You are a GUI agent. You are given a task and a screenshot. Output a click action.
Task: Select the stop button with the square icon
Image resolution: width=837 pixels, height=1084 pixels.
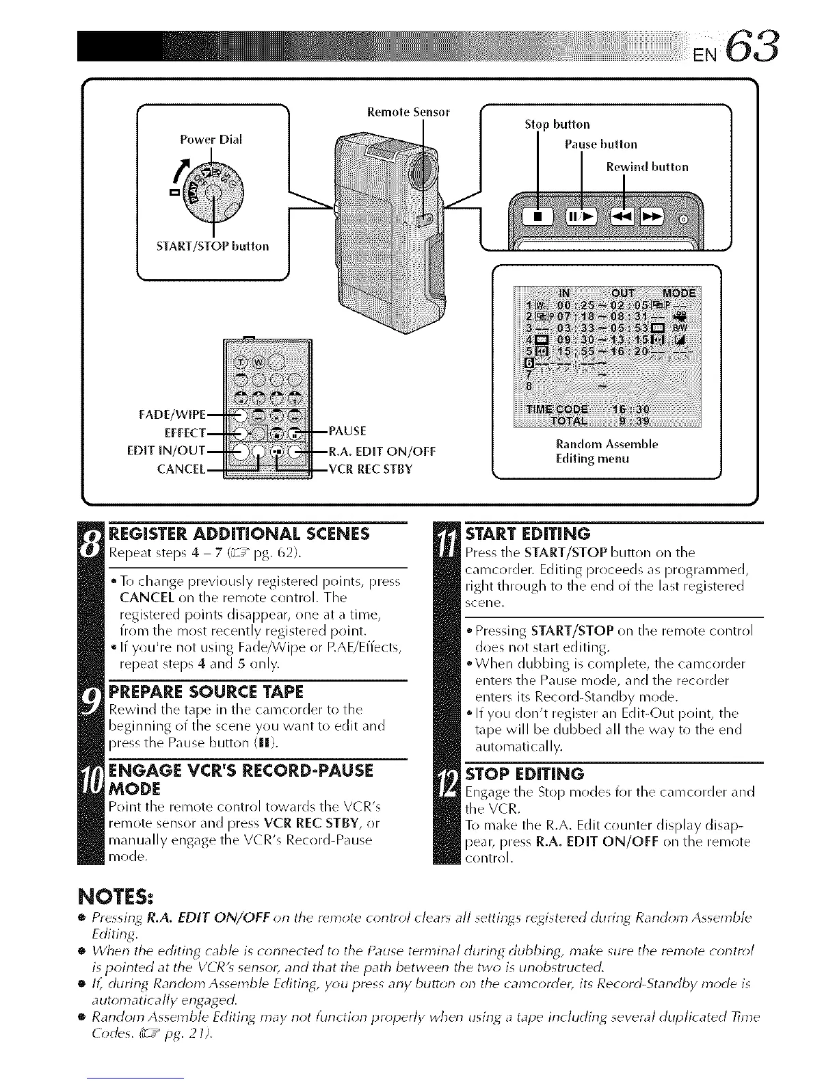(x=538, y=218)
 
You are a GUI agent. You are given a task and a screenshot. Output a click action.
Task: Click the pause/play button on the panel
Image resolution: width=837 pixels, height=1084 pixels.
(x=581, y=218)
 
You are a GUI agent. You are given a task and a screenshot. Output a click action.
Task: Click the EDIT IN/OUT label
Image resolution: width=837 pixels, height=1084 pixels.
(x=167, y=450)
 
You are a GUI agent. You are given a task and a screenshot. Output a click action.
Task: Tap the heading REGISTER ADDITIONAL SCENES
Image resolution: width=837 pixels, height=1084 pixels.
(x=239, y=534)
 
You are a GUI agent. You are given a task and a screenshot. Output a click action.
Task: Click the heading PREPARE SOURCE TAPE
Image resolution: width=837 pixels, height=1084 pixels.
(x=206, y=691)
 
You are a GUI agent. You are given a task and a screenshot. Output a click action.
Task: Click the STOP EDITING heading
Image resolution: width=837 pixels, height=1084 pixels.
(x=524, y=774)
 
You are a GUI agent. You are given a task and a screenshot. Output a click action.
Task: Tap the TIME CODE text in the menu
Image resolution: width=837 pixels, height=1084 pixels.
(x=558, y=410)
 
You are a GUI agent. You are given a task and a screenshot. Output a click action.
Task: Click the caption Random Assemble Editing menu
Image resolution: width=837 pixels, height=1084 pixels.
(x=607, y=452)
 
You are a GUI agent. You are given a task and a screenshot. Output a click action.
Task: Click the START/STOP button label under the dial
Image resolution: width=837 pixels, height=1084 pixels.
(x=213, y=245)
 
